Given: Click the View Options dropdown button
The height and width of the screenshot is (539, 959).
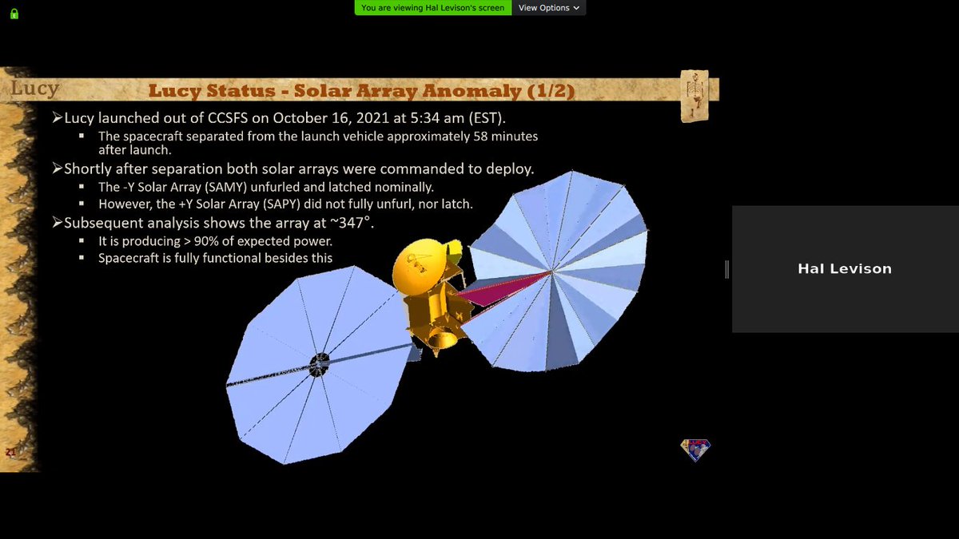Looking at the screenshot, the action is (548, 8).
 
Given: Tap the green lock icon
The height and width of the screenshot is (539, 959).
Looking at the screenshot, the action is (14, 14).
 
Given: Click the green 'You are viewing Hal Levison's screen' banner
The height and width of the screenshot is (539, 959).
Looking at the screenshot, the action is (433, 8).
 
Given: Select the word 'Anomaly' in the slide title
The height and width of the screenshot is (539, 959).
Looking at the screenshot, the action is (472, 91).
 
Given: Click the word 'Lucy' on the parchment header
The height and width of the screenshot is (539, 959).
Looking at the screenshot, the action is (34, 89).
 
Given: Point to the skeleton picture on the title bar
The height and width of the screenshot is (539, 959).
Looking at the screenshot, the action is (694, 96).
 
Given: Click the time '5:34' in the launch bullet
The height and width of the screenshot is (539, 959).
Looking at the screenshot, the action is (425, 117).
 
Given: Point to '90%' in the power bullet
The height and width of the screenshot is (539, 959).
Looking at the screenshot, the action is (206, 241).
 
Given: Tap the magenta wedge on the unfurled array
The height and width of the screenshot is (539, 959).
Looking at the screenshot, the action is (502, 290).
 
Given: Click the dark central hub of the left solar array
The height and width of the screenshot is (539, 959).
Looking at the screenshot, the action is (320, 365).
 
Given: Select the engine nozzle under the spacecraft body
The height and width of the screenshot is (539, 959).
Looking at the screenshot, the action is (442, 340).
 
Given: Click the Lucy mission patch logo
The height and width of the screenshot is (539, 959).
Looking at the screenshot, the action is (695, 450).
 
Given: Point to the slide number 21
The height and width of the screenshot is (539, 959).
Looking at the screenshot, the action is (10, 452).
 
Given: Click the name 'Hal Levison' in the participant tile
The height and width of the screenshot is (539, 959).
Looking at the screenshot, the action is (845, 268).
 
